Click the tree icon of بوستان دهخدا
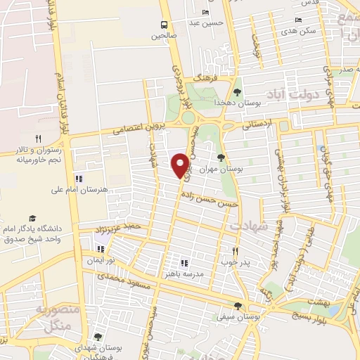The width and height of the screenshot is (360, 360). point(237,91)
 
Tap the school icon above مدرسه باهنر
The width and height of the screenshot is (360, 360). point(184,262)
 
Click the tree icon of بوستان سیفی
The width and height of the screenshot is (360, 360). point(238,306)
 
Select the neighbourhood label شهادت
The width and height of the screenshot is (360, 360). point(245,225)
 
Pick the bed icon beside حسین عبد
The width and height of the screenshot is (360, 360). point(205,13)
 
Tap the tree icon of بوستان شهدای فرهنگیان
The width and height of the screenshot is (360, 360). point(98,337)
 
